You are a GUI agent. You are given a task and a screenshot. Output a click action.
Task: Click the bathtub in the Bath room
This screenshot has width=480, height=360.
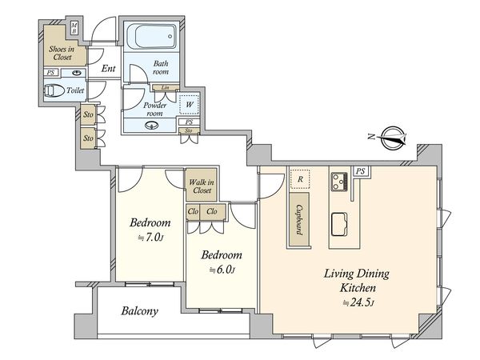point(151,37)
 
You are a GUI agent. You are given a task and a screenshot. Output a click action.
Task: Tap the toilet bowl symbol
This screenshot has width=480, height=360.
point(54,90)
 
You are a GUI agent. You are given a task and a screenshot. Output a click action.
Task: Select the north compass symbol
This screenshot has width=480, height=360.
point(394,138)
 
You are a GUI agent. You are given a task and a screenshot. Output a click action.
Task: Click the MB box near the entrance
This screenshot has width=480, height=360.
point(74,28)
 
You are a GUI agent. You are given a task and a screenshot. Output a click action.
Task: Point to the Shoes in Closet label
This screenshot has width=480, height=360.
point(62,53)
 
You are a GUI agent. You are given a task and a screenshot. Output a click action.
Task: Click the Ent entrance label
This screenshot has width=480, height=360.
point(108,68)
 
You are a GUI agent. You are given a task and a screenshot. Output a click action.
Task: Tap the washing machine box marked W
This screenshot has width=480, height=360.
point(189,104)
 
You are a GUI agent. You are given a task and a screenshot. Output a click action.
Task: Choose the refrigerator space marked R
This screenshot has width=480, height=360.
point(300,179)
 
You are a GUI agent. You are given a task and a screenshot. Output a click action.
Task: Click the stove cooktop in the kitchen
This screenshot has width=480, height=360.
point(339,182)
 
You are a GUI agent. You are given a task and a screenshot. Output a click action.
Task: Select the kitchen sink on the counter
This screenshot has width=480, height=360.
point(339,224)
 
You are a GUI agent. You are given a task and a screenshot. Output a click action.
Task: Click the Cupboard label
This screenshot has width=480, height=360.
point(299,219)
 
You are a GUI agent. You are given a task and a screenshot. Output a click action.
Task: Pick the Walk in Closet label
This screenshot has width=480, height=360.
point(201,186)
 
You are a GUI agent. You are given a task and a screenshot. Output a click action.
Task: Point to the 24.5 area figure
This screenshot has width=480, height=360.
point(358,302)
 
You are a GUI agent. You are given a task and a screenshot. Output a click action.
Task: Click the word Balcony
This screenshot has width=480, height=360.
point(139,311)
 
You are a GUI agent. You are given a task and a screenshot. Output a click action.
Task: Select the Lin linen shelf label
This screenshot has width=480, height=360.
point(165,87)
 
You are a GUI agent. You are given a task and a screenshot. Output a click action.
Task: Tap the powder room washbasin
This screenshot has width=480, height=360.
point(151,126)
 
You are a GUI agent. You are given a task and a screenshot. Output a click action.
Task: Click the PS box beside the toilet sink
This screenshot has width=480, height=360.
point(51,73)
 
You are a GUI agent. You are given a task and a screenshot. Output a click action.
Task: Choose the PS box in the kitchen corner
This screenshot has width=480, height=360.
point(361,171)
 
